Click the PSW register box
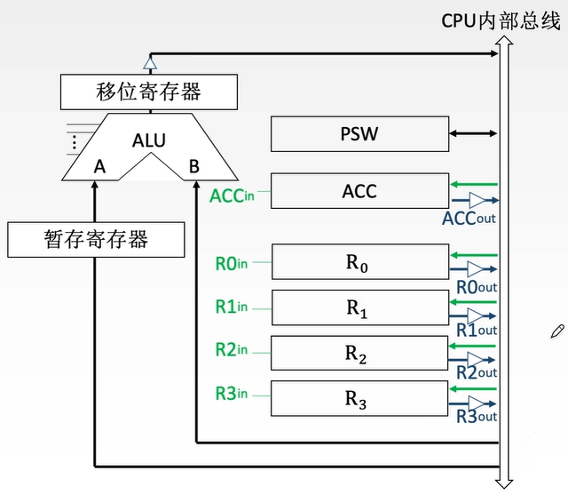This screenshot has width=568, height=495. [359, 135]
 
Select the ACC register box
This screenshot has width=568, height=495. [359, 191]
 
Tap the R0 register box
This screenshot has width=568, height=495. [359, 263]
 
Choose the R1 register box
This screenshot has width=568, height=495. [359, 308]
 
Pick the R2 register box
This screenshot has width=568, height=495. [359, 354]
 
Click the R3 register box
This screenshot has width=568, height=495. [359, 399]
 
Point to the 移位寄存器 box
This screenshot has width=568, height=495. [149, 91]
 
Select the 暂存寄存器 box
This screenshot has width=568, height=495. [96, 238]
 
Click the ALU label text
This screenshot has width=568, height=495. [149, 140]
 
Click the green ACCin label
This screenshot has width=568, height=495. [232, 195]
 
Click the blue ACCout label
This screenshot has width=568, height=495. [469, 218]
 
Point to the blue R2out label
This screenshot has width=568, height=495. [477, 372]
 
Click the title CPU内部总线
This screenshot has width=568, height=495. [501, 20]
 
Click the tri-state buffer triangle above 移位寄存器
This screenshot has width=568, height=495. [149, 63]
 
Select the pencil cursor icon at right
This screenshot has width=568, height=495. [557, 331]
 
